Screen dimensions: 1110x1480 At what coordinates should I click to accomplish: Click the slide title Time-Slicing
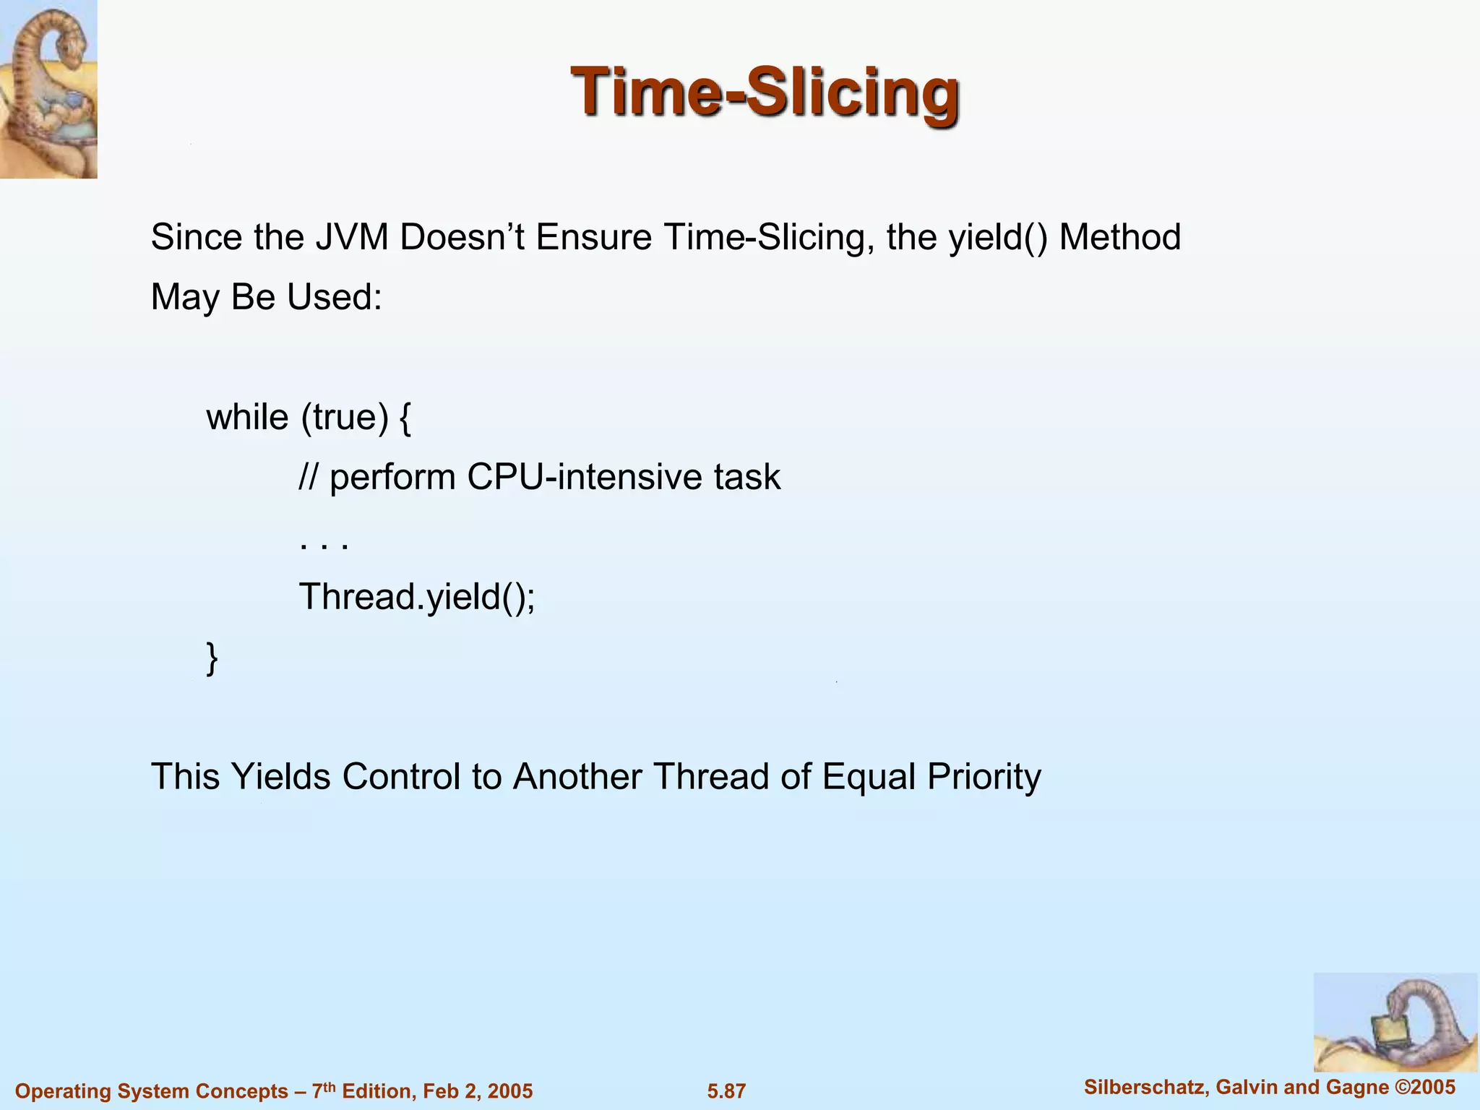point(765,92)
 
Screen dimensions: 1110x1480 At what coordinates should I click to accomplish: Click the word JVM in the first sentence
point(351,237)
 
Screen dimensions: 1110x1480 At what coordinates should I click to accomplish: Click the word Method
point(1119,237)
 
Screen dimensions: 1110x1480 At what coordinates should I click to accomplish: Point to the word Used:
point(334,297)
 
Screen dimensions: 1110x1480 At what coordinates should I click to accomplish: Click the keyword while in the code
point(247,417)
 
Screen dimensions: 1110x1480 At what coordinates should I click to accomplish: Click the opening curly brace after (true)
point(405,418)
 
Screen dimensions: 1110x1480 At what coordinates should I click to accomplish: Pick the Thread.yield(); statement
point(417,597)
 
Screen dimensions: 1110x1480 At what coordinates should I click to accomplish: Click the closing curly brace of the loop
point(212,658)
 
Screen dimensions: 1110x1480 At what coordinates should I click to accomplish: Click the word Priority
point(984,777)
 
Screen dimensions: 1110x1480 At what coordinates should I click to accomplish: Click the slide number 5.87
point(726,1091)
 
